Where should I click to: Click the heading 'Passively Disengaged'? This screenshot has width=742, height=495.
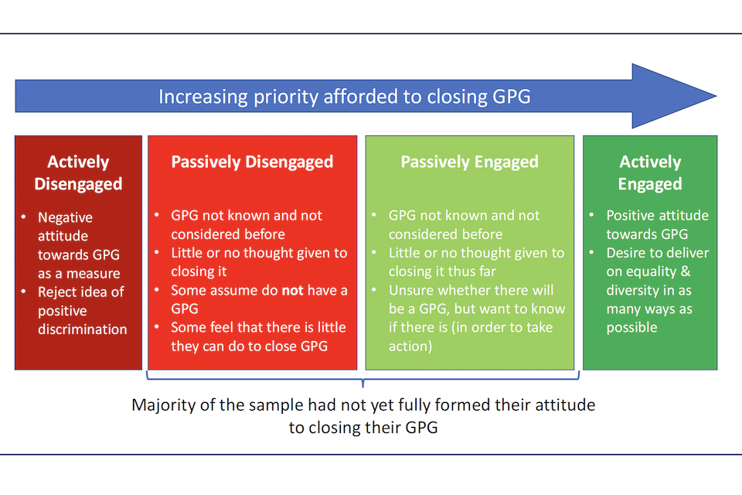[x=252, y=162]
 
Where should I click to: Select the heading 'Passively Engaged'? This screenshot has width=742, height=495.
[x=469, y=162]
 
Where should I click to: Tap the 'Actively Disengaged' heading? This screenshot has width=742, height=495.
[x=78, y=173]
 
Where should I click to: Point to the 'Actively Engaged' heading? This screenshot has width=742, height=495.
[x=650, y=173]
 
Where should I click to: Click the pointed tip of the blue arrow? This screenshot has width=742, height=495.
[x=716, y=96]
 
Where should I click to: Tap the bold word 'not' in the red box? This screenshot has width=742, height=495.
[x=292, y=290]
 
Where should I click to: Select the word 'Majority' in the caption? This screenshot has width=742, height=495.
[x=159, y=405]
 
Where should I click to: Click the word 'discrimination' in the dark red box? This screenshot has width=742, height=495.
[x=83, y=329]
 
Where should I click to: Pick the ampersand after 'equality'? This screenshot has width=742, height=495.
[x=686, y=271]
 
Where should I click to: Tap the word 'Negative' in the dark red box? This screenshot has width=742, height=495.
[x=65, y=217]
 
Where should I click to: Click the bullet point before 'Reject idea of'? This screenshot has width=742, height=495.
[x=23, y=291]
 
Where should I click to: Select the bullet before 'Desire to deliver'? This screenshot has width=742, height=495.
[x=591, y=252]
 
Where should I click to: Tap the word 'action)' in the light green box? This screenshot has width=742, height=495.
[x=410, y=346]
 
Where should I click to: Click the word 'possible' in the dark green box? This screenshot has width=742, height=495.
[x=631, y=328]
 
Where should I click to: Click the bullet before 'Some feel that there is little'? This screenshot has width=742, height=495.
[x=156, y=326]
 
